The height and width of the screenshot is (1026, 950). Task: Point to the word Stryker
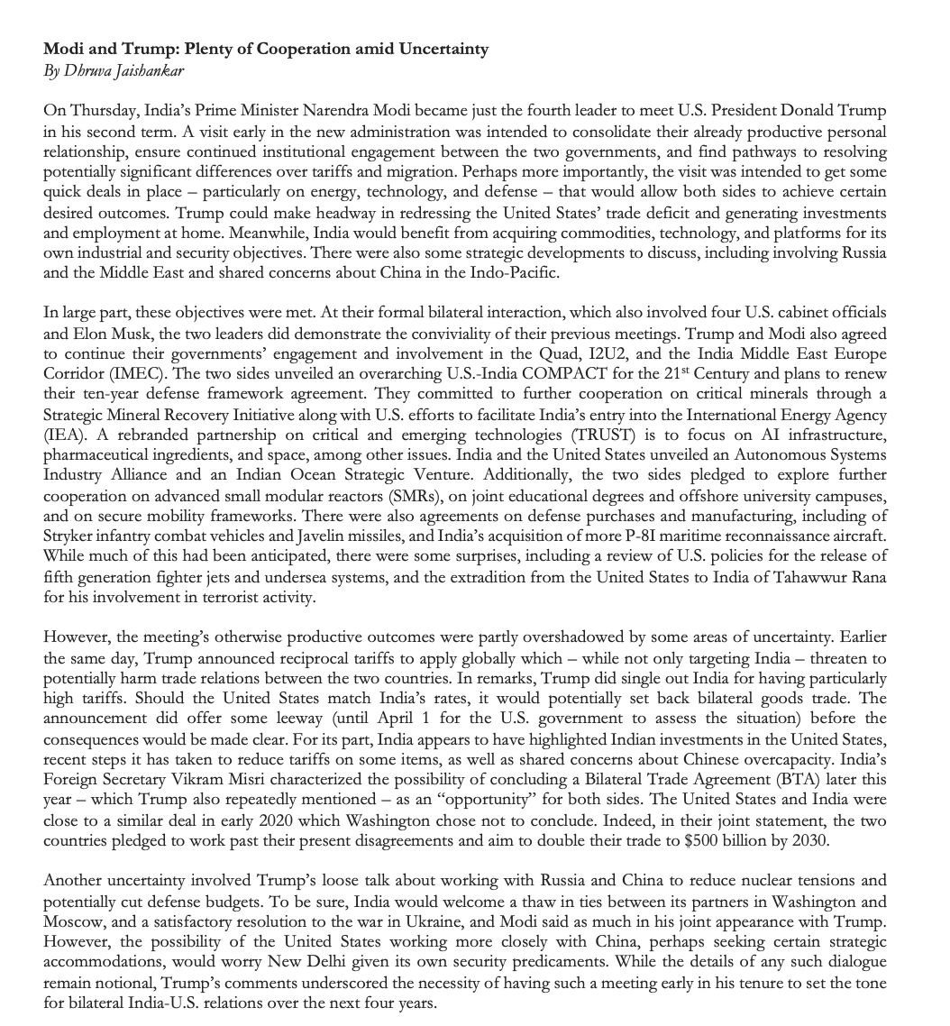[69, 536]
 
